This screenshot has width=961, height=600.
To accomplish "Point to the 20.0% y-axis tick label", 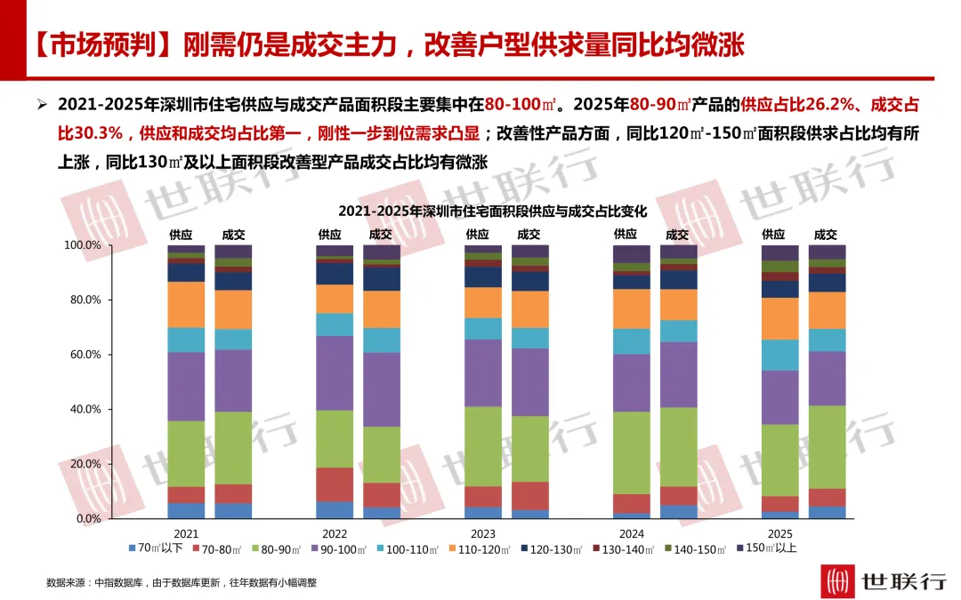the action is coord(85,464).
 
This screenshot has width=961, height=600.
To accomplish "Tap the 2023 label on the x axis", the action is coord(483,534).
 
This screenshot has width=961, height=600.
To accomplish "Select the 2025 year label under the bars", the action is coord(779,534).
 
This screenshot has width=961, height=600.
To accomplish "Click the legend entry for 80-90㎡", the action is coord(276,549).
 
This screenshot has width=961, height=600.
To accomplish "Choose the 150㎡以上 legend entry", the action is coord(766,548).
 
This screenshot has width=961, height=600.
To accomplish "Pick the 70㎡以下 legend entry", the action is coord(156,548).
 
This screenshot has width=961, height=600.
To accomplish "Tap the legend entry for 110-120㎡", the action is coord(480,549).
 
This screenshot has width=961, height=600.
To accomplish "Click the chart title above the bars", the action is coord(492,212).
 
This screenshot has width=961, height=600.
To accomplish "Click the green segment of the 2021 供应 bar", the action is coord(186,453).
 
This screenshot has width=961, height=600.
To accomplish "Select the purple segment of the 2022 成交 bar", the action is coord(382,389).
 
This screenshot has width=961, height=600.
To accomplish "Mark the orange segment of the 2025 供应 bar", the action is coord(780,318).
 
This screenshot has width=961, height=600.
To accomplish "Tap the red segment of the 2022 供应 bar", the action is coord(335,485).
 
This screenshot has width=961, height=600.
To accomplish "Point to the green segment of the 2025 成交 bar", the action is coord(827,447).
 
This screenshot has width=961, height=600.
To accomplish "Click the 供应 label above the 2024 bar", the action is coord(626,234).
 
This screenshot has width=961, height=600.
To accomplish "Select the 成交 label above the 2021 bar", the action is coord(233,235).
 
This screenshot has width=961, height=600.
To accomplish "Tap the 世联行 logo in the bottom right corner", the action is coord(885,580).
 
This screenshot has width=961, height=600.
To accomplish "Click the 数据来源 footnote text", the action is coord(182,582).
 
